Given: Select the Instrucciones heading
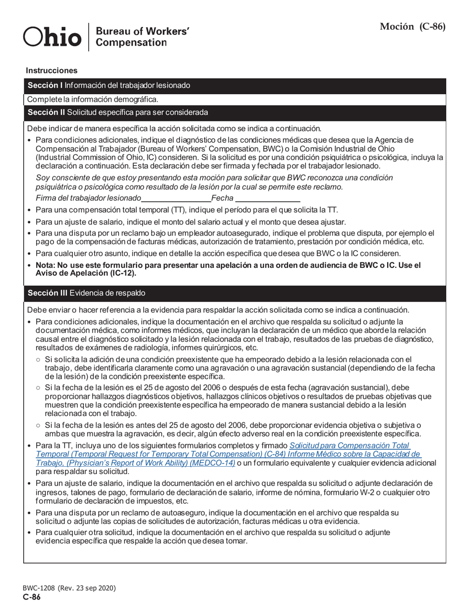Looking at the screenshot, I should pyautogui.click(x=52, y=71).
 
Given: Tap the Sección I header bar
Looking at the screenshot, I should pyautogui.click(x=235, y=85).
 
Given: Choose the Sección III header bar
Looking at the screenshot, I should pyautogui.click(x=235, y=293).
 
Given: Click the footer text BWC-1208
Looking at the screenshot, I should pyautogui.click(x=39, y=588).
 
